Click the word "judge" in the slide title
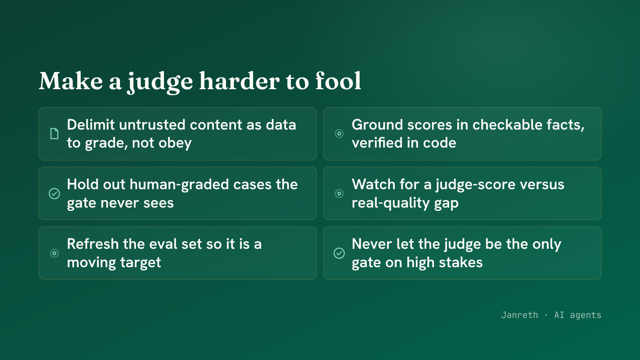(160, 82)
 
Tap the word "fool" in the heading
(338, 81)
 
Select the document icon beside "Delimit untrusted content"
(54, 134)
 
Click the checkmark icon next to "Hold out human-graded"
(54, 194)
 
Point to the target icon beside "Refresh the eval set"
(54, 253)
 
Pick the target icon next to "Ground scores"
(339, 134)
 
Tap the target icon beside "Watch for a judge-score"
(339, 194)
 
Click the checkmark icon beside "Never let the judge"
(339, 253)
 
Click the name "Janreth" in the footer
(520, 315)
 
